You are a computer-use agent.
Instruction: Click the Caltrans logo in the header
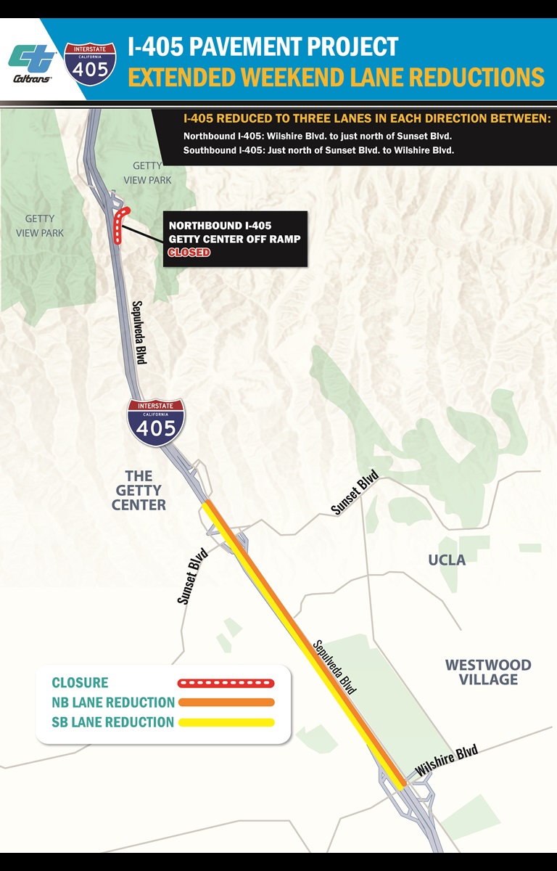coord(32,64)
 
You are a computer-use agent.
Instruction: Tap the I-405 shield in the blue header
coord(90,61)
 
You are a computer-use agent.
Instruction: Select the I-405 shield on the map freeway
coord(155,422)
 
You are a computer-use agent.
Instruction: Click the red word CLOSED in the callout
coord(189,253)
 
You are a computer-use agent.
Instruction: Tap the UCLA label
coord(447,560)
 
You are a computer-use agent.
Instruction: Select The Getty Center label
coord(139,490)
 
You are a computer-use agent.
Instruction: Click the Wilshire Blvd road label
coord(446,761)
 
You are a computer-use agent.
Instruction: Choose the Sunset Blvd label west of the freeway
coord(193,577)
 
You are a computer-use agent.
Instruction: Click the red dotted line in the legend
coord(226,683)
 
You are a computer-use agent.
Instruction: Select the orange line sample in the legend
coord(226,703)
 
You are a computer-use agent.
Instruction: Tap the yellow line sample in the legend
coord(226,722)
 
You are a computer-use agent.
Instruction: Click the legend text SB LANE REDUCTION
coord(113,722)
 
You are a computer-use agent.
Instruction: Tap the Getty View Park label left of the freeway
coord(44,226)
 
